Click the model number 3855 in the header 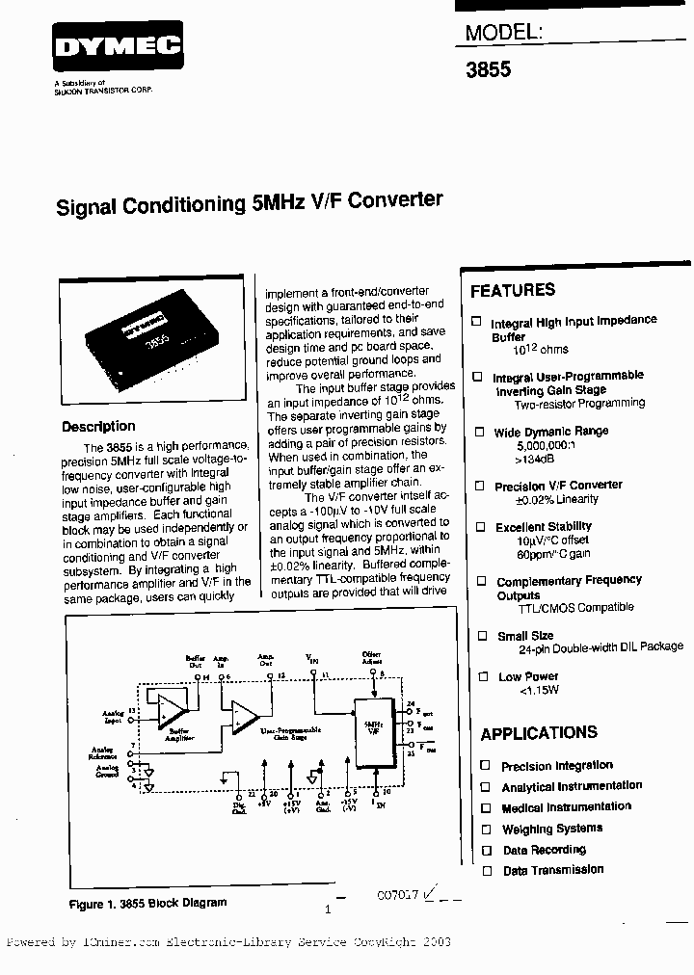tap(489, 70)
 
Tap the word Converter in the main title tap(395, 200)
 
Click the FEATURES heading tap(513, 290)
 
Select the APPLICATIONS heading tap(539, 733)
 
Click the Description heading tap(98, 427)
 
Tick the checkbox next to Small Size tap(480, 636)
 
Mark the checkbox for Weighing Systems tap(486, 829)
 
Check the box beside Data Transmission tap(486, 871)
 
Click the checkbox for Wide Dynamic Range tap(478, 433)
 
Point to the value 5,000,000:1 tap(545, 447)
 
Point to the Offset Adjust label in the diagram tap(371, 658)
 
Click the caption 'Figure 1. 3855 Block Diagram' tap(147, 903)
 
